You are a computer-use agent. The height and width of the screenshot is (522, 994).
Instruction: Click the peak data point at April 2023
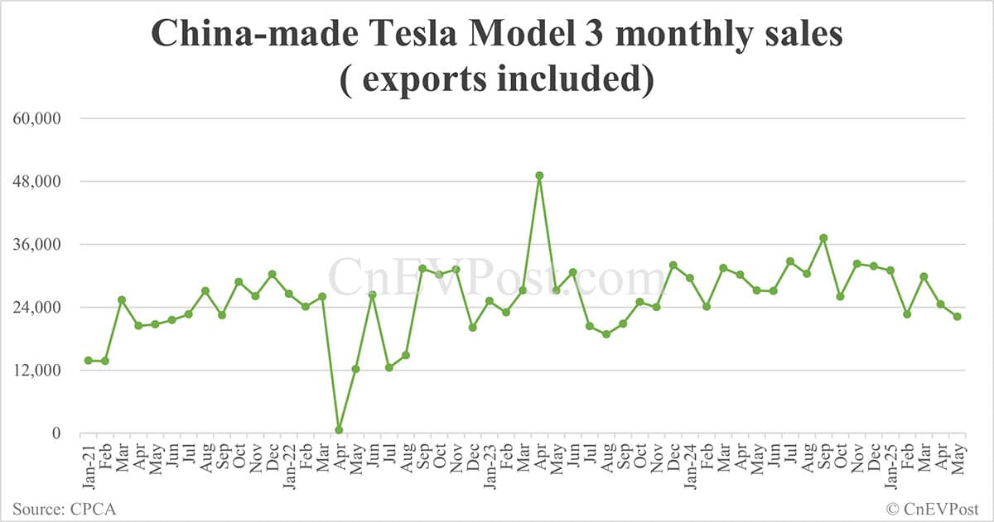pos(539,175)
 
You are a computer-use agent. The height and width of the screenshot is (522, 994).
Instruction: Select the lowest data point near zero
pos(339,429)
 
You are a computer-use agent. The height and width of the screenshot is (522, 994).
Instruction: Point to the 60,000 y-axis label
pos(36,118)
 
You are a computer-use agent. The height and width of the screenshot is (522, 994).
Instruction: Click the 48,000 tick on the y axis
pos(36,181)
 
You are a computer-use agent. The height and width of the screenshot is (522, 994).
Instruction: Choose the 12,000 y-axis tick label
pos(36,370)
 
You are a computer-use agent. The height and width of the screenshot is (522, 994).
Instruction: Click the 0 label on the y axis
pos(55,433)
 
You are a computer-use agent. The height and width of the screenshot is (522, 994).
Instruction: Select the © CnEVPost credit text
pos(933,508)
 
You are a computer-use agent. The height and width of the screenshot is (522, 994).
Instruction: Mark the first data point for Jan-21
pos(88,360)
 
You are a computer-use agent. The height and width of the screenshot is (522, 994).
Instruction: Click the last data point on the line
pos(958,316)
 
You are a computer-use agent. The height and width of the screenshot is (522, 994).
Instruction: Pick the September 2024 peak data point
pos(823,237)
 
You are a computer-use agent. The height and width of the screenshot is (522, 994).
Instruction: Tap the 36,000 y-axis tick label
pos(36,244)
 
